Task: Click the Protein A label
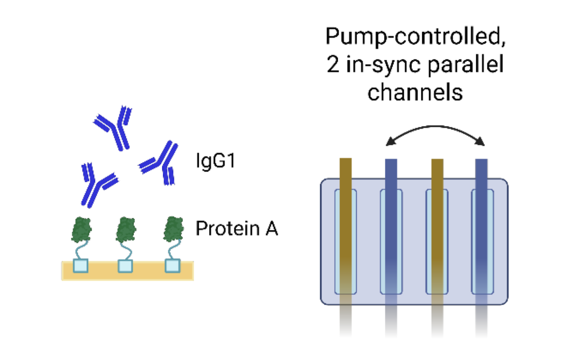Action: tap(237, 229)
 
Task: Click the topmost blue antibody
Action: tap(114, 126)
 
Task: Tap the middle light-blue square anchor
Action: tap(126, 266)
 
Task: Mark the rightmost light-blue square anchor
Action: tap(172, 266)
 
